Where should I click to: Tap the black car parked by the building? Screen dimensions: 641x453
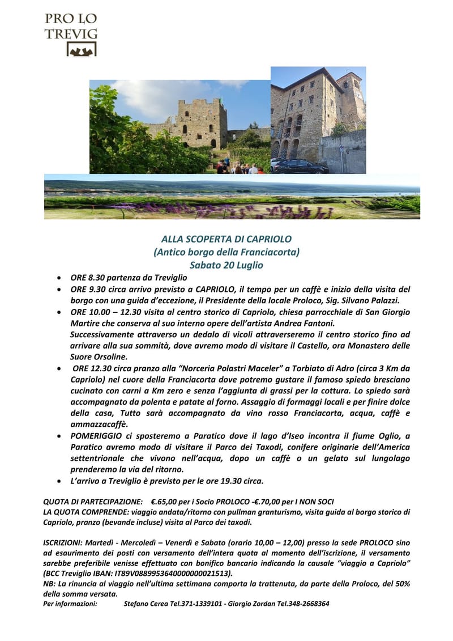pos(300,167)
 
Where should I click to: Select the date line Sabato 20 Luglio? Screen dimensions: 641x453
pos(226,265)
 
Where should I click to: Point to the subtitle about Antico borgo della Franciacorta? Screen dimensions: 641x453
pos(226,252)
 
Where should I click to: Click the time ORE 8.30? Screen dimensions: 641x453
pos(86,278)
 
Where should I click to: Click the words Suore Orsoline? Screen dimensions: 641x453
pos(99,357)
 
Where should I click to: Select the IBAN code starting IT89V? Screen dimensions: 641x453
pos(158,573)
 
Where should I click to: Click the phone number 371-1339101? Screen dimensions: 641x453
pos(200,604)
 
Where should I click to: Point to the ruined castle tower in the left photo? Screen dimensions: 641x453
pos(202,122)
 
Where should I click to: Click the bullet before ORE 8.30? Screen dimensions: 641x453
pos(60,278)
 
